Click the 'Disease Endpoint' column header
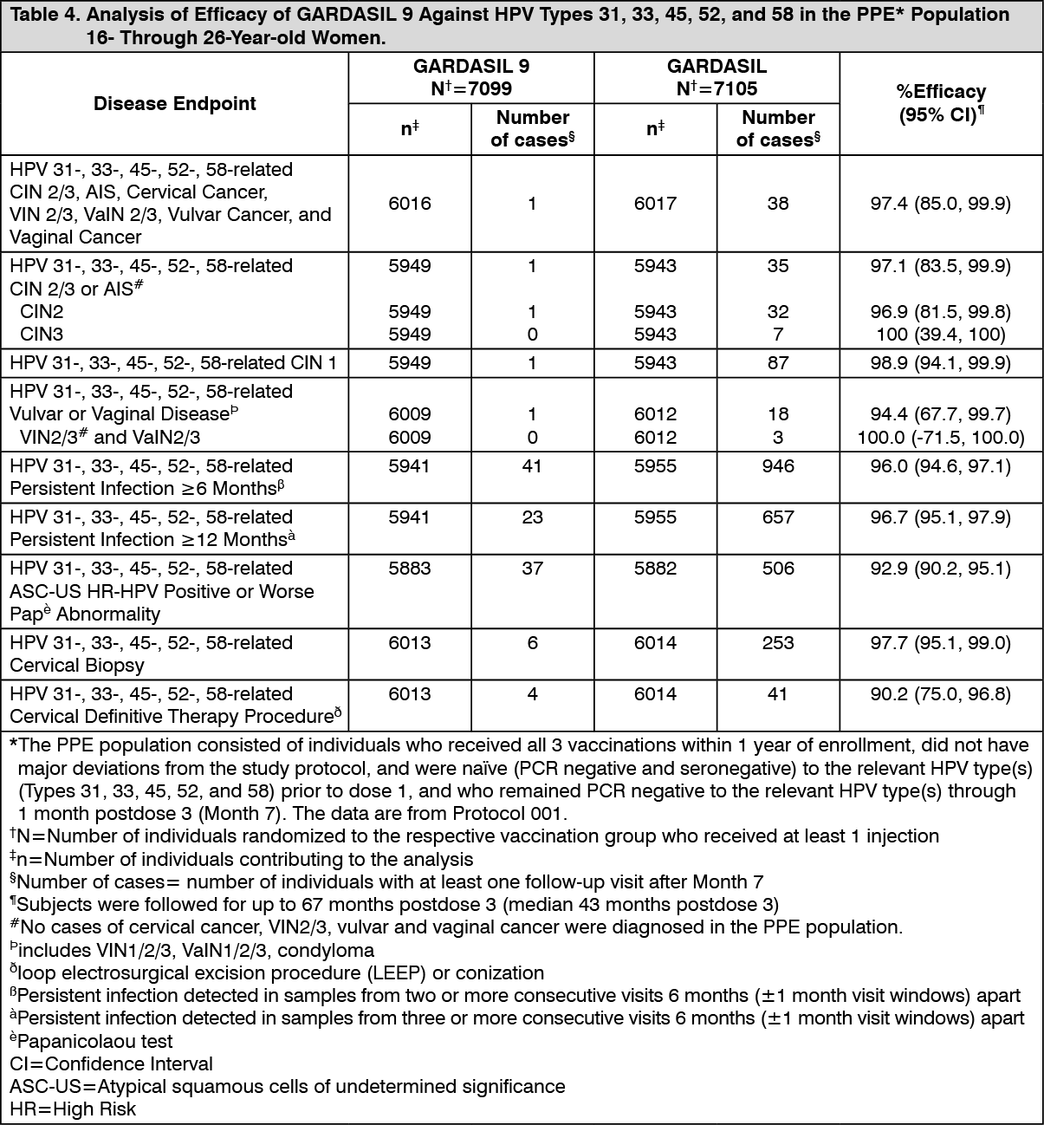pos(175,104)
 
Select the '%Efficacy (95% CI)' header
pos(941,103)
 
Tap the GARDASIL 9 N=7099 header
pos(471,77)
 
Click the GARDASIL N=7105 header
pos(717,77)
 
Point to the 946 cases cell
pos(778,466)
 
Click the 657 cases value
pos(778,517)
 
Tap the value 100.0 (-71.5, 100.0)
pos(941,438)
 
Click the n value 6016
pos(410,204)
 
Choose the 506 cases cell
pos(778,569)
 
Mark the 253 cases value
pos(778,643)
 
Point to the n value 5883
pos(410,569)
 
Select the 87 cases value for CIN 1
pos(778,363)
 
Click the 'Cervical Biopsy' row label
pos(77,666)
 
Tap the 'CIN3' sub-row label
pos(42,335)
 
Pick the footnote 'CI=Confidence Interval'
pos(111,1063)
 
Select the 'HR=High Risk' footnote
pos(73,1109)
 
